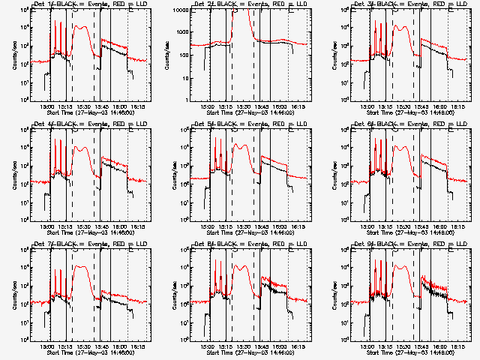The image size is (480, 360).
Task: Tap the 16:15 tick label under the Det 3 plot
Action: [457, 106]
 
